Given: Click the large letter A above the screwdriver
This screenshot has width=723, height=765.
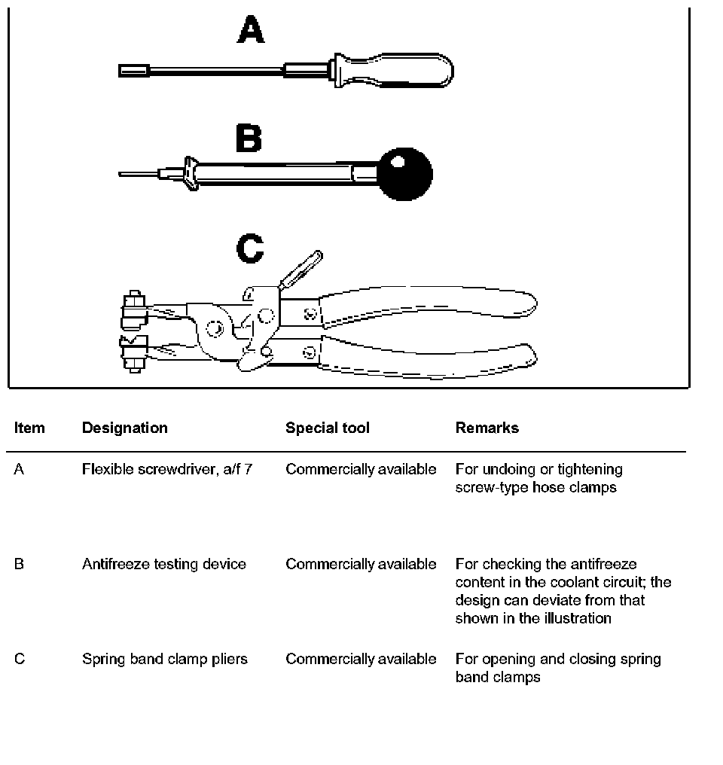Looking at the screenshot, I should point(251,31).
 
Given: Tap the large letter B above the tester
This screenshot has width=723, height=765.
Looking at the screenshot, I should point(249,139).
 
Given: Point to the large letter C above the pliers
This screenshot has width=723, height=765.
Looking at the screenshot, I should point(250,249).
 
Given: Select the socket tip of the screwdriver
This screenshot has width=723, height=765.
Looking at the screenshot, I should point(134,71).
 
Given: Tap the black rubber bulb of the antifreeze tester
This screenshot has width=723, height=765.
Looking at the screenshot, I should point(405,174).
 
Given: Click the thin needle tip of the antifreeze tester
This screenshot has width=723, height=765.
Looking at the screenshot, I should point(136,174).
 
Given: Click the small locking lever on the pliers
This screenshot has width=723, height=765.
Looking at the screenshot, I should point(301,269).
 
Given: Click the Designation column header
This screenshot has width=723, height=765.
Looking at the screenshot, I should point(124,428).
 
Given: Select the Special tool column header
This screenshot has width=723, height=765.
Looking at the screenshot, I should point(327,428).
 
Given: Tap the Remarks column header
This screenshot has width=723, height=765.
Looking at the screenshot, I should point(487,428).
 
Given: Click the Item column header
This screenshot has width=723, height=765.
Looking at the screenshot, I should point(29,428).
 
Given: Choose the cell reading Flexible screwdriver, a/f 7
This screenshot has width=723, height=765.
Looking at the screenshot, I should point(166,469).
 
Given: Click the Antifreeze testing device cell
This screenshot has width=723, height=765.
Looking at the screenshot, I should point(163,564).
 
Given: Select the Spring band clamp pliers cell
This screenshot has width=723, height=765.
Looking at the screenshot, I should point(164,659).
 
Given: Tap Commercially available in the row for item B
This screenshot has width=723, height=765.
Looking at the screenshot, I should point(360,564).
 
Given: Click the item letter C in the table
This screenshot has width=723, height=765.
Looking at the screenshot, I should point(20,659).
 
